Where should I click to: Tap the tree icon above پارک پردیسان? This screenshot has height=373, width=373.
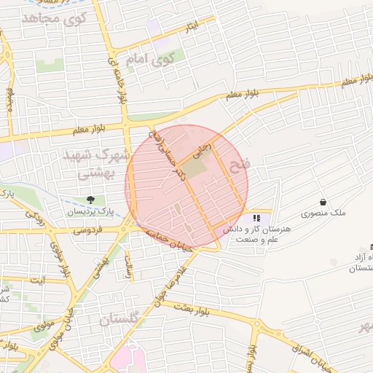90,200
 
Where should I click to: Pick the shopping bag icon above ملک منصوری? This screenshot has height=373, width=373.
323,202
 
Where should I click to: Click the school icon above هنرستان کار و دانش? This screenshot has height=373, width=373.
256,218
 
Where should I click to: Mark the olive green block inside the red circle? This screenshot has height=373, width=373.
194,168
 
